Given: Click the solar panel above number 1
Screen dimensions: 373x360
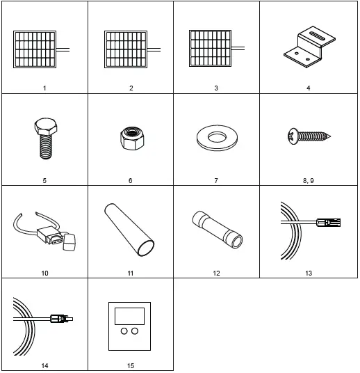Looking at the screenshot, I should [35, 47].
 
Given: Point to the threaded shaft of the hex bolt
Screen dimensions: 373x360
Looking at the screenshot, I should [47, 147].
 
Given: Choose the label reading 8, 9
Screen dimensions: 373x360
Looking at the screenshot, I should [302, 180].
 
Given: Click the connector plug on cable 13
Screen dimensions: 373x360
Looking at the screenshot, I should [329, 223].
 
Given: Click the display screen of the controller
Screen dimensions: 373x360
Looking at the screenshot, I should [130, 314].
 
